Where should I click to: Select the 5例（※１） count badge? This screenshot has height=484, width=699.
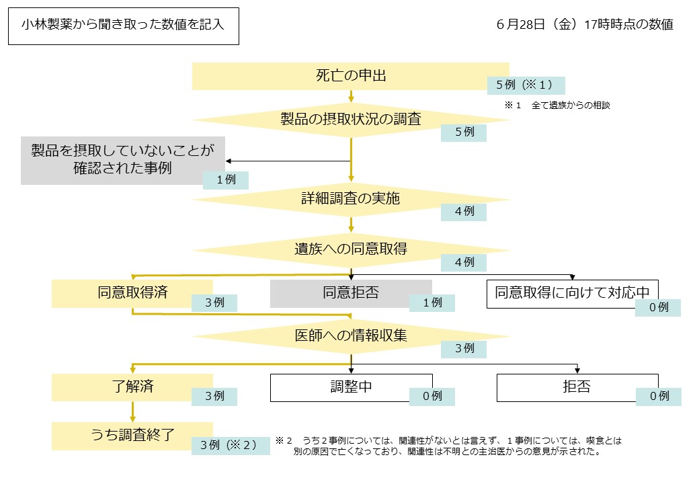526,85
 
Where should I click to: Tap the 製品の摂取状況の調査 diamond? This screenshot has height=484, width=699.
350,120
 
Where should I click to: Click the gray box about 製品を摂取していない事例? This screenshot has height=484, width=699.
122,159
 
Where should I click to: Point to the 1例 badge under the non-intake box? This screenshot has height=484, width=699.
225,180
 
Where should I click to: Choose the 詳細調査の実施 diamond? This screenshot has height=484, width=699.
350,199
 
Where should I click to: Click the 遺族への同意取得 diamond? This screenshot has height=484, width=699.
350,249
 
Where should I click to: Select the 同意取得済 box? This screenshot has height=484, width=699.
132,293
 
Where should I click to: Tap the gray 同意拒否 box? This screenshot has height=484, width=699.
350,293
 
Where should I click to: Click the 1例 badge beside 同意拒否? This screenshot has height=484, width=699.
431,303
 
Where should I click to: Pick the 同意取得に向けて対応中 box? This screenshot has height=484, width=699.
572,293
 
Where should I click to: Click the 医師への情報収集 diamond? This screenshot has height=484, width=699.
350,335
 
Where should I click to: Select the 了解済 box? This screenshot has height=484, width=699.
132,387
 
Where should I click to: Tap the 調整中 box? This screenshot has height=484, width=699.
350,387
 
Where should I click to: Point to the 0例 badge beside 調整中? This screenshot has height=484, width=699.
431,397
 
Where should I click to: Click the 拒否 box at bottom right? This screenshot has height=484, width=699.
577,387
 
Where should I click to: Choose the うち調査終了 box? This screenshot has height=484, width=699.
132,435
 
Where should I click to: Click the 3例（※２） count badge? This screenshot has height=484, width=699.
225,445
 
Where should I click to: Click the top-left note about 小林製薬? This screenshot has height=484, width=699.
123,26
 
